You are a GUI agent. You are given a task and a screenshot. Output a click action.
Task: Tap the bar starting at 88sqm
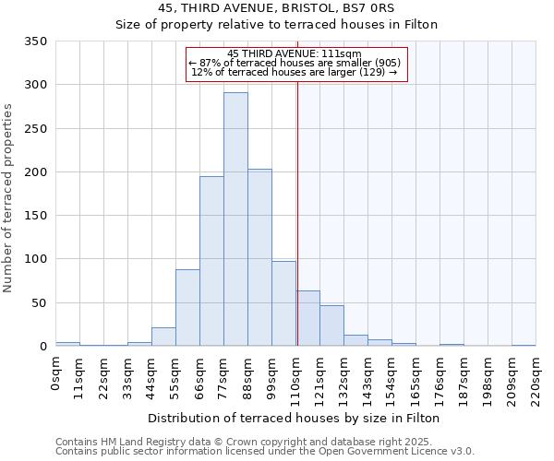259,257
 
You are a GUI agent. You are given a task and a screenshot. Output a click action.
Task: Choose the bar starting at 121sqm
331,325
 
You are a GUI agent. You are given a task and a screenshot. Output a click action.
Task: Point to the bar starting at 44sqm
163,337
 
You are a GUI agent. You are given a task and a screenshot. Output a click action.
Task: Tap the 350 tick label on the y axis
35,41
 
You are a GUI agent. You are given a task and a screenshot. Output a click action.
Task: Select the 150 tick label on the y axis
35,216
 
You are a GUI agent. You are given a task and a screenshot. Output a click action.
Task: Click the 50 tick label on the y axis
39,302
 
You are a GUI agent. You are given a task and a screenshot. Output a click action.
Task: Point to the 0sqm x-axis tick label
56,373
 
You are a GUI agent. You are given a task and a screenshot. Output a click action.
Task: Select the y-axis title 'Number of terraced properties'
8,197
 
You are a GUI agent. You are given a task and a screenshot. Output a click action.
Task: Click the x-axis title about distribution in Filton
294,418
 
